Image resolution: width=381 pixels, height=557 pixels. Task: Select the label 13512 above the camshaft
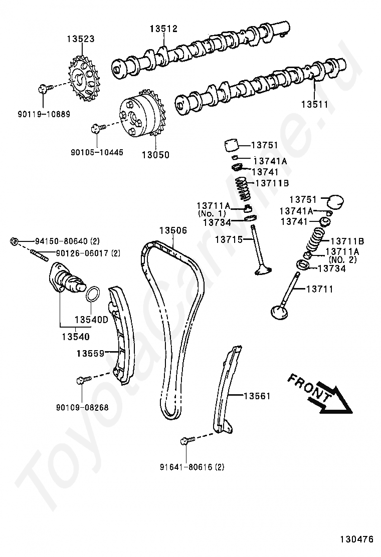click(163, 29)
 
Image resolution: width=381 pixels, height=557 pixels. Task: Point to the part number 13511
click(314, 105)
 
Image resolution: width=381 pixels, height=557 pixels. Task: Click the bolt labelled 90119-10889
click(43, 89)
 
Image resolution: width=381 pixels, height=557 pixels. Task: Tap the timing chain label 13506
click(173, 230)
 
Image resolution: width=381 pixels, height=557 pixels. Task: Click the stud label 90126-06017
click(82, 253)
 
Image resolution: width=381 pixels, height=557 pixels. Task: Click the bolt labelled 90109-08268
click(83, 381)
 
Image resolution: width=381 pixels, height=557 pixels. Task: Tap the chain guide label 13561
click(257, 396)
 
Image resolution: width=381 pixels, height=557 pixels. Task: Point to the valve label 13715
click(229, 240)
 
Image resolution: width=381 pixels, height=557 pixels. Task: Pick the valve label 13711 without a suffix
click(319, 289)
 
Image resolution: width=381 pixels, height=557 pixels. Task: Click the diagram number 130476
click(356, 540)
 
